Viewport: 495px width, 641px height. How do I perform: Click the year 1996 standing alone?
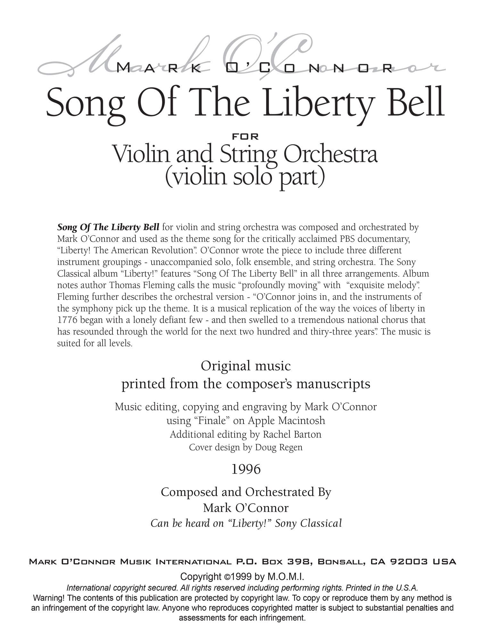click(x=246, y=470)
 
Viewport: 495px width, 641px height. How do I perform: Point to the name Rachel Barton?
click(x=292, y=434)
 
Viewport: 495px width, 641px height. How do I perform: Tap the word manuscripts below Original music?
click(x=333, y=384)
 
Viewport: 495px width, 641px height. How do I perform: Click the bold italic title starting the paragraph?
click(x=108, y=227)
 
